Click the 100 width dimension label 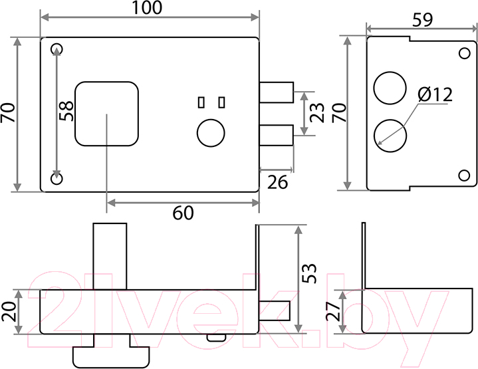pyautogui.click(x=147, y=8)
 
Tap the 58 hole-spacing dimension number pyautogui.click(x=66, y=111)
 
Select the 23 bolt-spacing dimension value pyautogui.click(x=317, y=113)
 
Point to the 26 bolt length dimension pyautogui.click(x=277, y=182)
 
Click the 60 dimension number pyautogui.click(x=183, y=213)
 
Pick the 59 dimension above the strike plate pyautogui.click(x=423, y=20)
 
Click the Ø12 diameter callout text pyautogui.click(x=435, y=94)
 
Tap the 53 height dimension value pyautogui.click(x=309, y=273)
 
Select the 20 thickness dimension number pyautogui.click(x=9, y=311)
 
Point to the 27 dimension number pyautogui.click(x=333, y=311)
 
